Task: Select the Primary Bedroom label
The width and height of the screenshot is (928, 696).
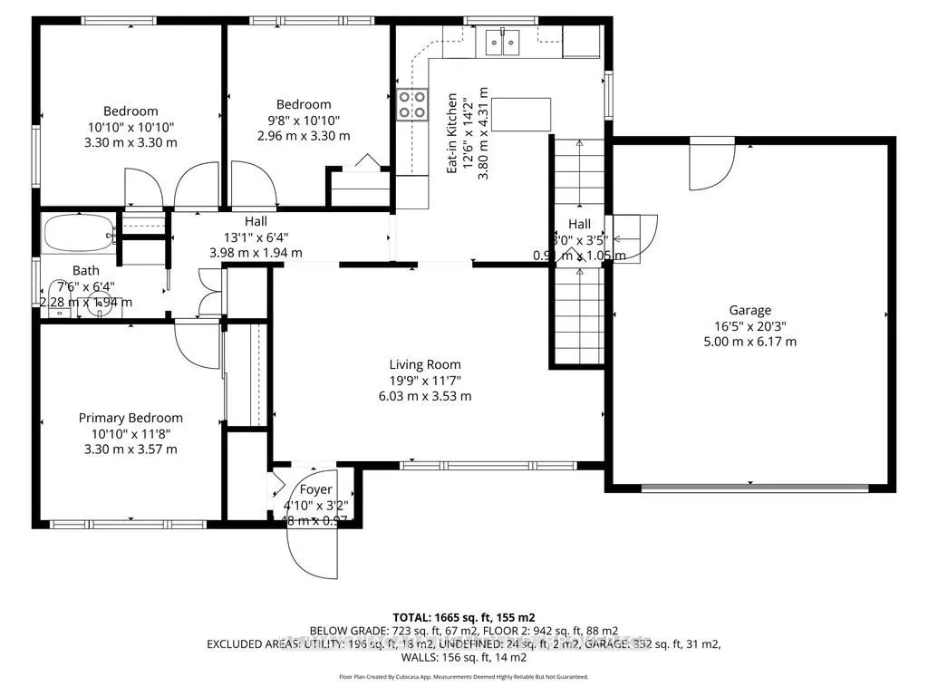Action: coord(130,418)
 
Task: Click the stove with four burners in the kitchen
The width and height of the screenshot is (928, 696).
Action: coord(411,105)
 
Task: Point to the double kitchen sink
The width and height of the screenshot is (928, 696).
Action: coord(501,41)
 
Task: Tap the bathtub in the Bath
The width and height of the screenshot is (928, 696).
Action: coord(78,234)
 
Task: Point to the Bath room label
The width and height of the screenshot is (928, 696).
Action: coord(86,270)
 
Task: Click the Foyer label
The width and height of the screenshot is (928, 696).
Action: coord(315,490)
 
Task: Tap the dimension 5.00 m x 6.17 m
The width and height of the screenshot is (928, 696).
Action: coord(749,342)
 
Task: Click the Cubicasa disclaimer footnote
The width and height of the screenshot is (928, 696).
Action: coord(463,676)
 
